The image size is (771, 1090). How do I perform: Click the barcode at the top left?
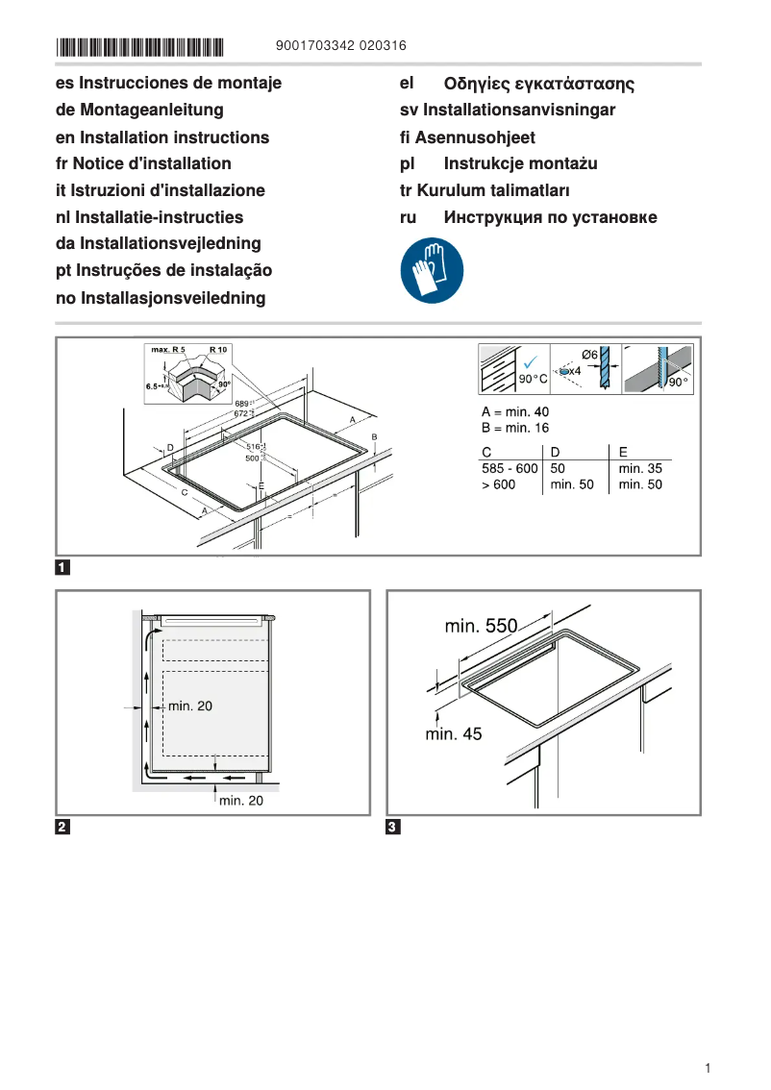point(139,46)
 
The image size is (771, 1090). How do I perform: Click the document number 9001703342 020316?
point(340,45)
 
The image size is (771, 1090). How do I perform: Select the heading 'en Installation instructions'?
point(162,137)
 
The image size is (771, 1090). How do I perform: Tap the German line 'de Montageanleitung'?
point(139,111)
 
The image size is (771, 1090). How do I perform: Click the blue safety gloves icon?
point(432,271)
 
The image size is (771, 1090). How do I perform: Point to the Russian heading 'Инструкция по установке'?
point(550,217)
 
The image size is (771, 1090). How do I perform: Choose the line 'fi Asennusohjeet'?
point(467,137)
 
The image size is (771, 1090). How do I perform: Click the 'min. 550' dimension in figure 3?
point(481,627)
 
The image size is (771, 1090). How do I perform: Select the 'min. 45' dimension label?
point(454,733)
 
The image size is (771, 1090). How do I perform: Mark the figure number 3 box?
point(393,827)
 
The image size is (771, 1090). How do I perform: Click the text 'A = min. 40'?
point(515,411)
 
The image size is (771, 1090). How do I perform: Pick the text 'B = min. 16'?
point(515,428)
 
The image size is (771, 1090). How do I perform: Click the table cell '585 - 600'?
point(510,468)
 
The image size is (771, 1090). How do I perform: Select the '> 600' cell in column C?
point(499,484)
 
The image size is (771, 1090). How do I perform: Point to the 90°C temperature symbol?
point(532,380)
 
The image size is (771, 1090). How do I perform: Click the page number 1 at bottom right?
point(707,1068)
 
